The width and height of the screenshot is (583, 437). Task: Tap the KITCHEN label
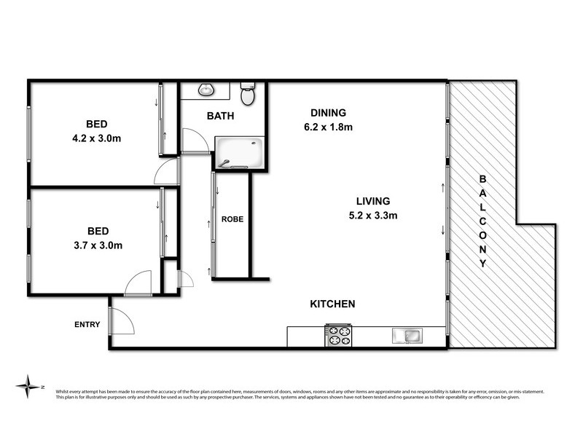[332, 304]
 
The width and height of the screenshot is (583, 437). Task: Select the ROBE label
[232, 219]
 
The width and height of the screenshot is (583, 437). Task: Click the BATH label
[220, 116]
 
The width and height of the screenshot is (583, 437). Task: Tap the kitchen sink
[405, 336]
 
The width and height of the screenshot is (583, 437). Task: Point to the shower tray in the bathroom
[238, 154]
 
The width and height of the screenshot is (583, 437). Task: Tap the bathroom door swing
[194, 141]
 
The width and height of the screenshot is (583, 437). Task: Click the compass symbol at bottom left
[28, 385]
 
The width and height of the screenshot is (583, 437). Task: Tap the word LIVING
[373, 201]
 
